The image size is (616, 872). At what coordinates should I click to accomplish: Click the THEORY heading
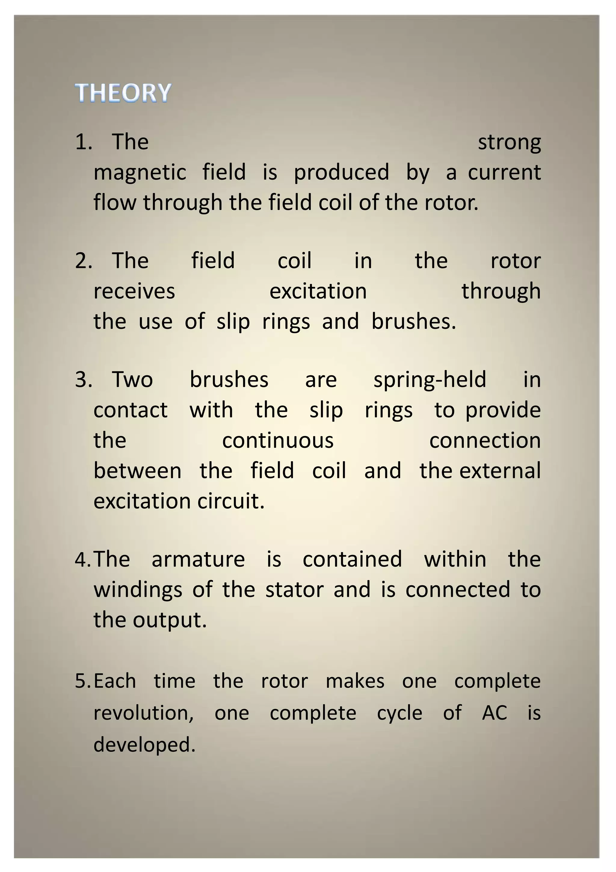(x=123, y=93)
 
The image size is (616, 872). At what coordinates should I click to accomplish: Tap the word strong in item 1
(x=509, y=143)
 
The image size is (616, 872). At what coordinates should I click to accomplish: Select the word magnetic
(x=140, y=173)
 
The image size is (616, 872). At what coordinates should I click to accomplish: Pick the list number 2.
(x=83, y=261)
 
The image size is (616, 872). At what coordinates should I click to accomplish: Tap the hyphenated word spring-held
(x=430, y=380)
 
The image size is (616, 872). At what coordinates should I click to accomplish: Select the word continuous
(x=278, y=441)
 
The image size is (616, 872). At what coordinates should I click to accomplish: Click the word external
(x=500, y=471)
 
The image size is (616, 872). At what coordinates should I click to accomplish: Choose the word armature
(x=199, y=560)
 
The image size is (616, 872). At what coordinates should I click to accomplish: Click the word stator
(x=294, y=590)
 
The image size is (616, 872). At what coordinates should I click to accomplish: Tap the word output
(x=170, y=621)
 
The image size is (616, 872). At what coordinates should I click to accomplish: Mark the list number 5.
(x=83, y=681)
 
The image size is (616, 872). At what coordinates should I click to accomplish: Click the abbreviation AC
(x=494, y=713)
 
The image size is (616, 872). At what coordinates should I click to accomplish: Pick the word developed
(x=144, y=744)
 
